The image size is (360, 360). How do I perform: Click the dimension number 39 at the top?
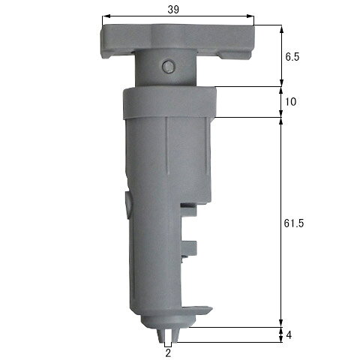pos(173,10)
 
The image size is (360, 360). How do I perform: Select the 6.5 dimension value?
pos(292,57)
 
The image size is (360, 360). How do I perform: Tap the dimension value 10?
pos(290,102)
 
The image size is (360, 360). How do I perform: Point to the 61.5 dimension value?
pos(294,223)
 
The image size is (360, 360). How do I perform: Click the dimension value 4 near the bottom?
pos(289,335)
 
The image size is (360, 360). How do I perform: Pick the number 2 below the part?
pos(168,353)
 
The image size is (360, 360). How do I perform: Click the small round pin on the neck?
pos(167,67)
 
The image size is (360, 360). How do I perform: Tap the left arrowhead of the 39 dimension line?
pos(106,16)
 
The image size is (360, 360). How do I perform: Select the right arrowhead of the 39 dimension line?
pos(250,16)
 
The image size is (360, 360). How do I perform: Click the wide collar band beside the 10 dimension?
pos(169,102)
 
